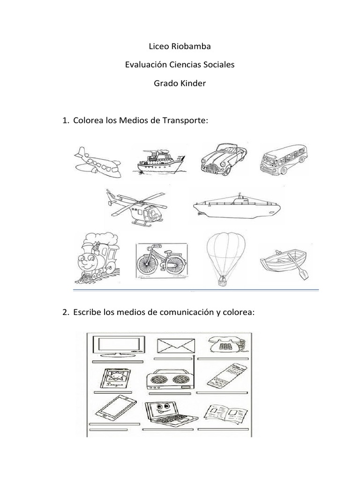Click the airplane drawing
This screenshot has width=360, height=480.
[x=98, y=162]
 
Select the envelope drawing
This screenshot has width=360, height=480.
[x=172, y=346]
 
